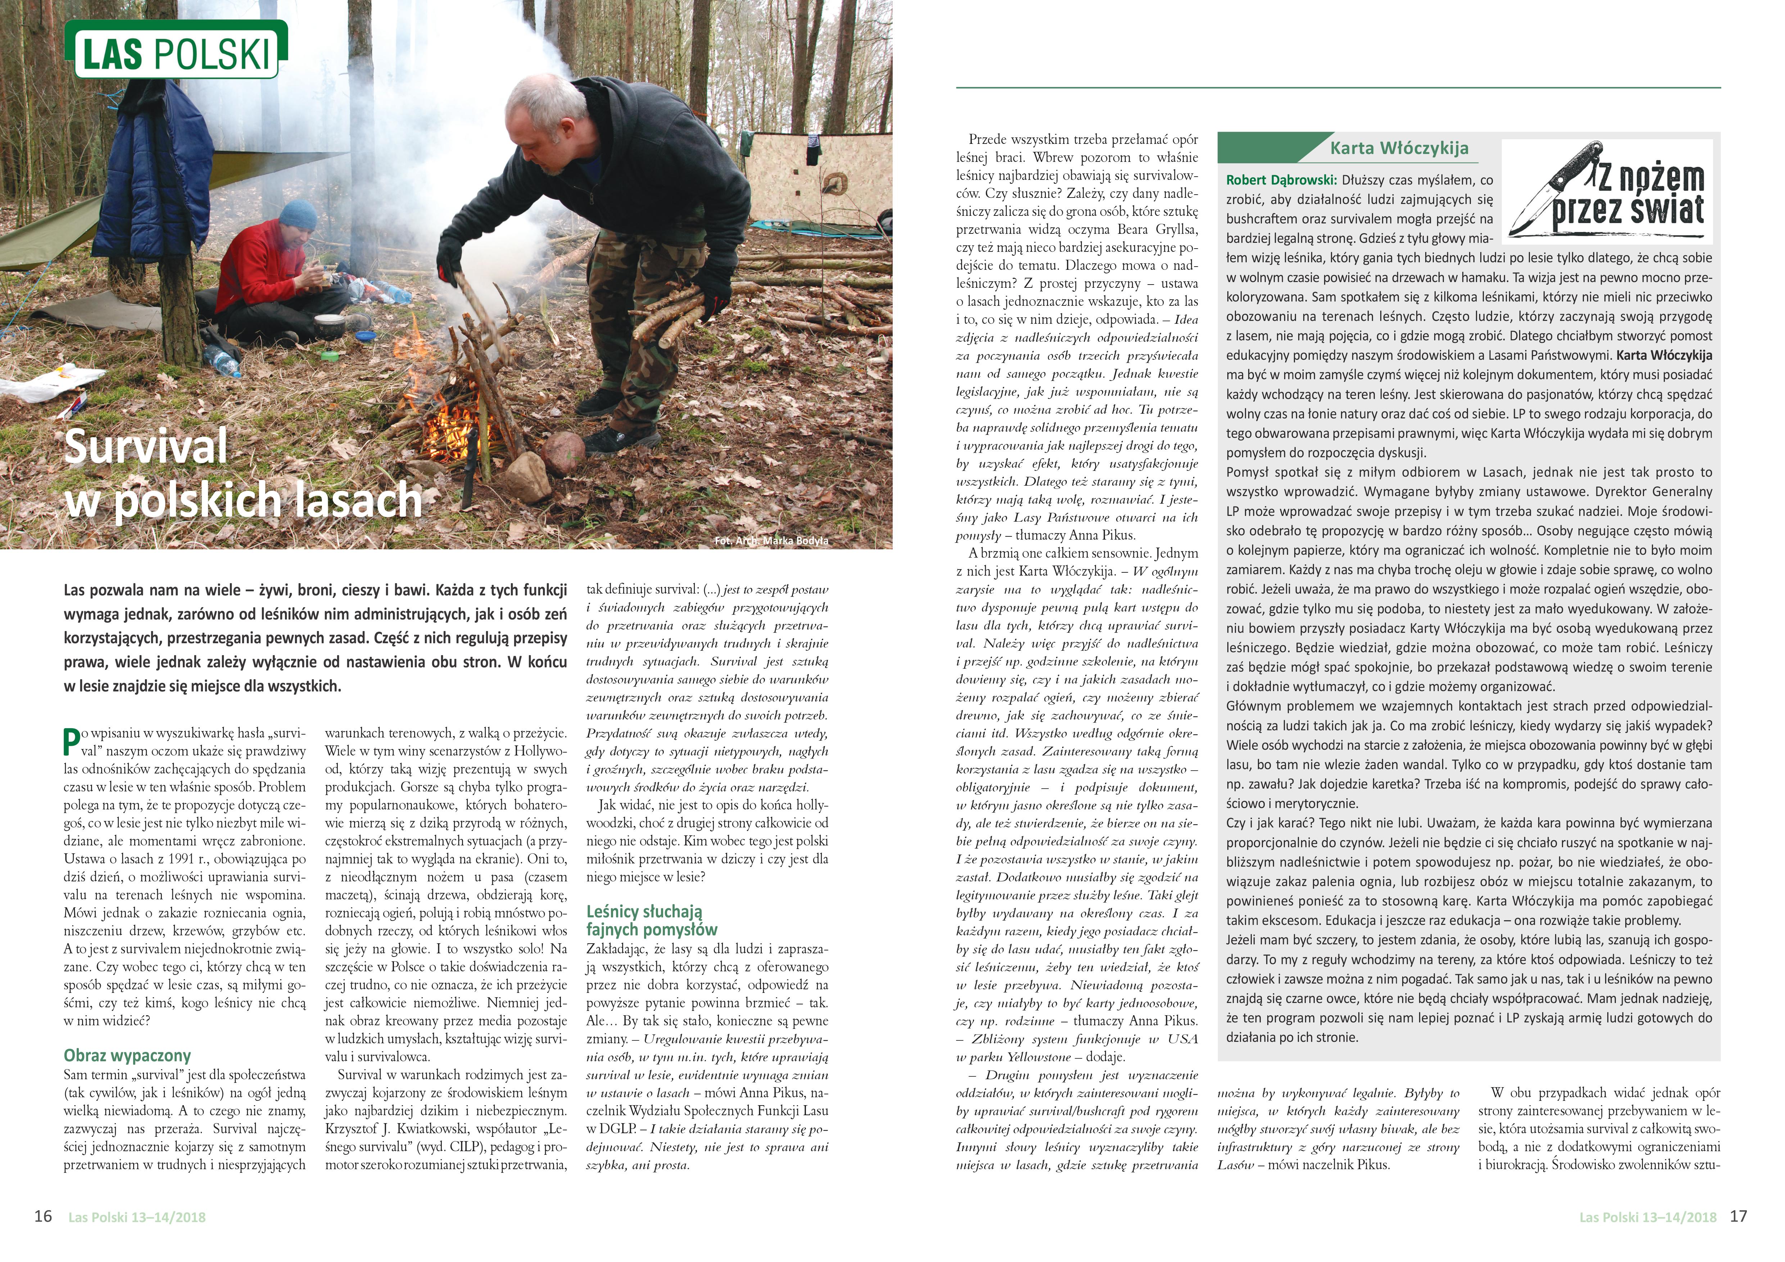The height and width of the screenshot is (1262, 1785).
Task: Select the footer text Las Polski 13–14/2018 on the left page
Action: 137,1218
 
